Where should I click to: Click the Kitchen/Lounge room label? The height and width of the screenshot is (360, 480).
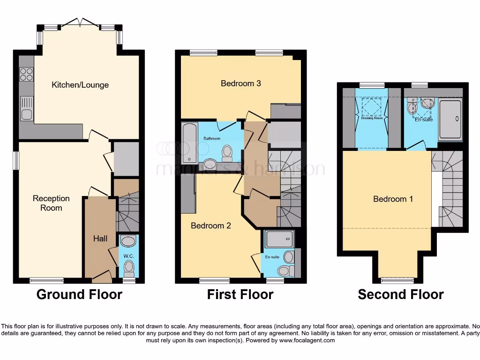tap(80, 85)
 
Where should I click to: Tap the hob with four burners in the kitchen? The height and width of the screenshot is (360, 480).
tap(27, 75)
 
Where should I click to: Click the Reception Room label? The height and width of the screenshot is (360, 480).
tap(51, 203)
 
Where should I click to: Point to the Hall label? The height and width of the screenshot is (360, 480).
tap(100, 239)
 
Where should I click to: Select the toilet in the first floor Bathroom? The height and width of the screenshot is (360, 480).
tap(227, 151)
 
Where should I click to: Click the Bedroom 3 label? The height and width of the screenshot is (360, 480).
tap(240, 83)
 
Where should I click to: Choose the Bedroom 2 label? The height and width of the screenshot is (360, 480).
tap(210, 225)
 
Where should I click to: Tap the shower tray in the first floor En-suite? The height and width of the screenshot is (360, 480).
tap(279, 239)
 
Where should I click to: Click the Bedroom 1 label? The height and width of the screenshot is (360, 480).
tap(393, 199)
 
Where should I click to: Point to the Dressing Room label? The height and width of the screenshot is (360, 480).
tap(372, 119)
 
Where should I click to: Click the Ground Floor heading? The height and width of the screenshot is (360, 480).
tap(79, 294)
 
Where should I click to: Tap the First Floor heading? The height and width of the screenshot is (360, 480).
tap(240, 294)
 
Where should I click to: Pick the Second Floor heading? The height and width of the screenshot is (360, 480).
tap(400, 294)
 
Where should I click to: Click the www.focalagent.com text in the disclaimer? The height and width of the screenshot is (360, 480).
tap(307, 340)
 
